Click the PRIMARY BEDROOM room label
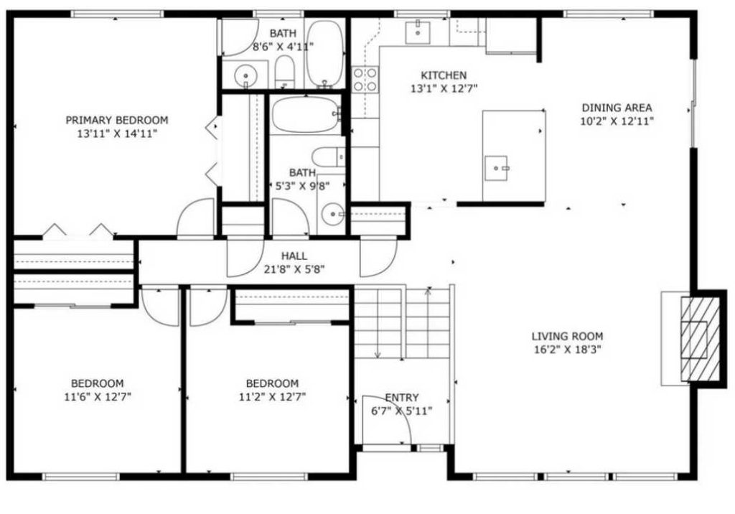pos(117,120)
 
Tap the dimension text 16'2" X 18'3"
pos(567,350)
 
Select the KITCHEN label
pos(443,75)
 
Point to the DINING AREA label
pos(617,108)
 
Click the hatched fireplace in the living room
pos(694,338)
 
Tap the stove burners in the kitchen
pos(365,79)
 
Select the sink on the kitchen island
pos(496,168)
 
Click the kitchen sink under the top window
pos(417,32)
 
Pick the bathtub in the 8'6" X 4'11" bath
pos(325,54)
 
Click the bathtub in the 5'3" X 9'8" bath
pos(306,115)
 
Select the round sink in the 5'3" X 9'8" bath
pos(331,214)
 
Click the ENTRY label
pos(402,398)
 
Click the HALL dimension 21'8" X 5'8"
pos(294,269)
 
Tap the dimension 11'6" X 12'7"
pos(97,396)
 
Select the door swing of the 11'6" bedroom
pos(159,307)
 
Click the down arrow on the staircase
pos(377,351)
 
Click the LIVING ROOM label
pos(567,336)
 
